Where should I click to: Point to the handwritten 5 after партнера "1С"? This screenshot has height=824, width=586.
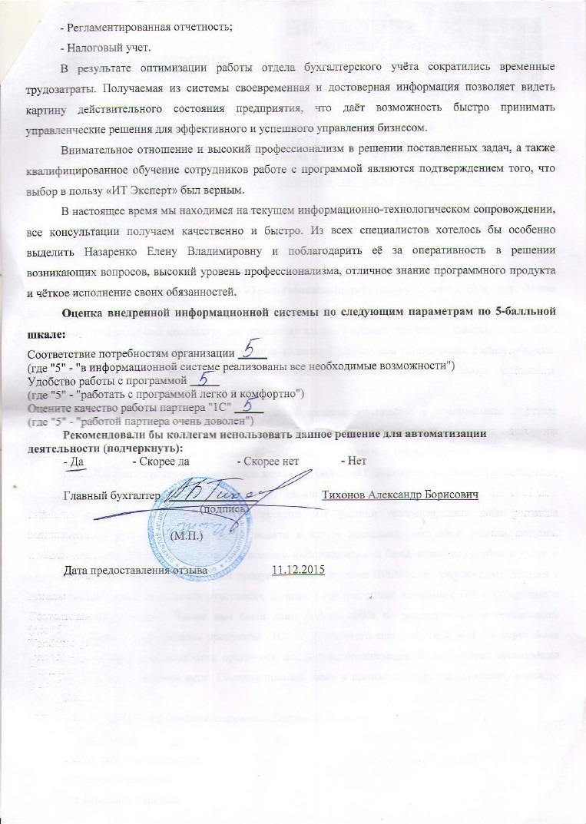248,406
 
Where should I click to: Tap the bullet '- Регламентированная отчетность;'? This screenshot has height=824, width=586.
147,27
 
